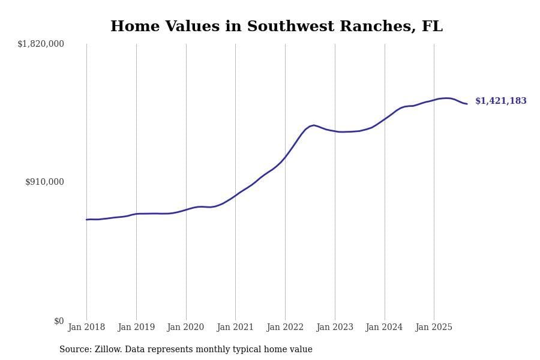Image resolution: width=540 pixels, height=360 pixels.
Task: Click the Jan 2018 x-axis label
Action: click(86, 328)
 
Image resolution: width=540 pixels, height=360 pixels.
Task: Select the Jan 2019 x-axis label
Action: click(136, 328)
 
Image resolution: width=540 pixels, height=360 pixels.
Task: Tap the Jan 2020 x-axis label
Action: click(185, 328)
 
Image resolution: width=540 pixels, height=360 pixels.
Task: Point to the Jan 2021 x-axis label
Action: click(235, 328)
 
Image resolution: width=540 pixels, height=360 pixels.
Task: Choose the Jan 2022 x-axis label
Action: click(285, 328)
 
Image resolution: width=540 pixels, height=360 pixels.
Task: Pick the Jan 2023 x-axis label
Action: click(335, 328)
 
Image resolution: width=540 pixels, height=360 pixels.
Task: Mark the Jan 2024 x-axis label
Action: click(384, 328)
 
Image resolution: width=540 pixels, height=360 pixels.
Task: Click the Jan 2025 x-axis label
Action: click(434, 328)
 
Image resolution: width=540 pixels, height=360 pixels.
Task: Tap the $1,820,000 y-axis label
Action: click(41, 44)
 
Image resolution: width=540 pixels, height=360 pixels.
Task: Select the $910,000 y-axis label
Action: click(44, 182)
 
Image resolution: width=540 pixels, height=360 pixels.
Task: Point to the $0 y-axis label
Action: click(59, 321)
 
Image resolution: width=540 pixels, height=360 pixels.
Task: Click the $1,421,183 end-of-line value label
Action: click(501, 101)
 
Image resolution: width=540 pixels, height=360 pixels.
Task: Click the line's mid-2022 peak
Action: click(314, 125)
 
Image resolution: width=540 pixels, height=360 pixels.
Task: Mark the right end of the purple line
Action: click(467, 104)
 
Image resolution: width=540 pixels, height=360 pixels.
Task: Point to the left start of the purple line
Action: click(86, 220)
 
